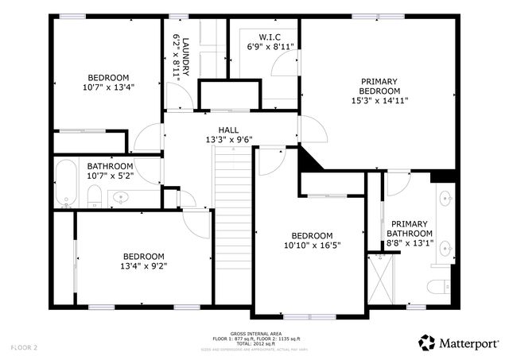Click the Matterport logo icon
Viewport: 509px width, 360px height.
click(427, 343)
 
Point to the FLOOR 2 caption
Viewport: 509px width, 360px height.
click(24, 347)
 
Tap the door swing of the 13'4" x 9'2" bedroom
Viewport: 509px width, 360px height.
click(193, 222)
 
